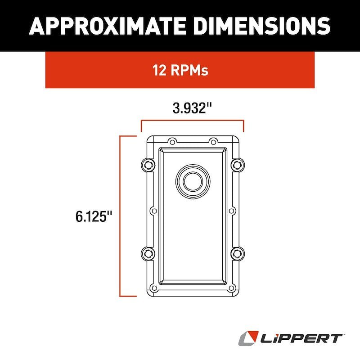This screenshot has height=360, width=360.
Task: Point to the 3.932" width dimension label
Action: click(x=193, y=109)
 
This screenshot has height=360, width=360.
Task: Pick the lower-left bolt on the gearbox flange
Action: click(x=146, y=253)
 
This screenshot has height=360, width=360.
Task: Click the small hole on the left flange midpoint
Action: click(x=153, y=210)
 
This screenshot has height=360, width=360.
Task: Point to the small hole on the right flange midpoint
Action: click(x=231, y=210)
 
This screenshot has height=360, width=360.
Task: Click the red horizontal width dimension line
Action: click(x=193, y=121)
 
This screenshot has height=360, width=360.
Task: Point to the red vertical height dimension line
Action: click(x=121, y=216)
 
